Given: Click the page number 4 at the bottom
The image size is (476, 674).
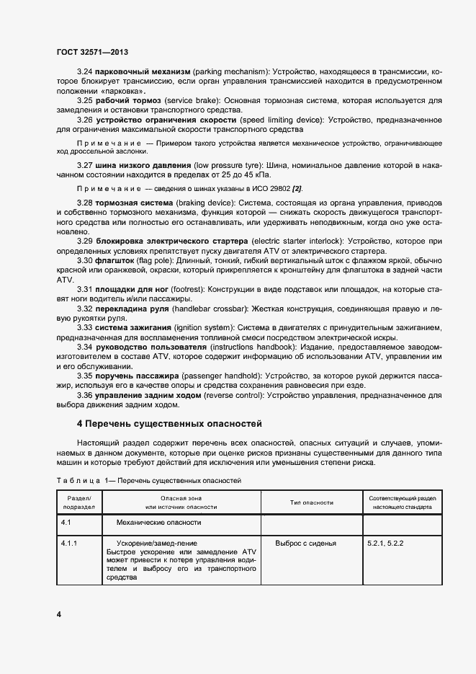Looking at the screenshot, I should [x=59, y=613].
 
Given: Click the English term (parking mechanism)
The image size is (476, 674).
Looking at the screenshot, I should [x=229, y=72].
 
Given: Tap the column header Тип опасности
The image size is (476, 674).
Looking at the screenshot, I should [x=311, y=502].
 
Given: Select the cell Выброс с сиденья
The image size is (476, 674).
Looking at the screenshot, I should [x=305, y=543].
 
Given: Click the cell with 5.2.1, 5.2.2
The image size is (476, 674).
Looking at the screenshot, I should [x=386, y=543].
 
